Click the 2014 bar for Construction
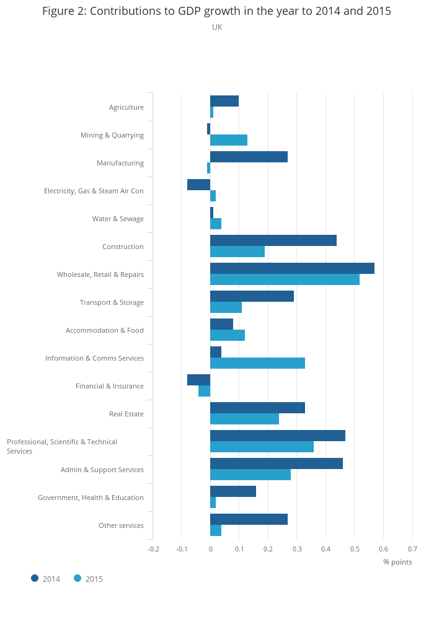273,240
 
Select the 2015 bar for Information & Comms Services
257,363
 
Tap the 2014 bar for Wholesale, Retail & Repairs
292,268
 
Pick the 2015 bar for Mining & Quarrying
229,140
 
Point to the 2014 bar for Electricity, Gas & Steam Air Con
199,185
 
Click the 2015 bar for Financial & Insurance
205,391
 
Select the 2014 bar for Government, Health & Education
233,491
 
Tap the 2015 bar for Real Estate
244,419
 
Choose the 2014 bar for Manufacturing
249,157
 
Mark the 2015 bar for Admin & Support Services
250,475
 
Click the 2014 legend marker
35,579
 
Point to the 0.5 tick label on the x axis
354,549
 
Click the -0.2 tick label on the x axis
153,549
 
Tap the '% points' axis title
397,562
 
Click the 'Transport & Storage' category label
112,302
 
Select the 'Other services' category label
121,525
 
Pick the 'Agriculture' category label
126,107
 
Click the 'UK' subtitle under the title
217,27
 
